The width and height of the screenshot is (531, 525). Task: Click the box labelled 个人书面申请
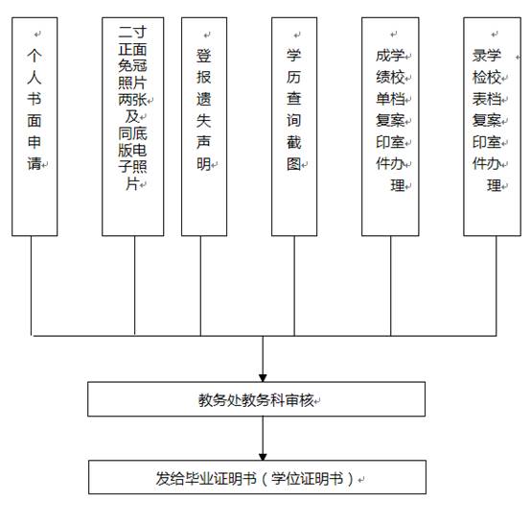35,125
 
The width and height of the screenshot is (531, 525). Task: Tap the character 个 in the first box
35,57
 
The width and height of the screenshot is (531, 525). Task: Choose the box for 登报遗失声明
203,125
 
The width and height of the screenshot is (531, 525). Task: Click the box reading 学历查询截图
293,125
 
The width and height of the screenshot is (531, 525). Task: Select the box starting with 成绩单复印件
391,125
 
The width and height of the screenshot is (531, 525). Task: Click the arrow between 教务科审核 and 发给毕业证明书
262,437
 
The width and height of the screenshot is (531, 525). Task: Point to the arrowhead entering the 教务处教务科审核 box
262,375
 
